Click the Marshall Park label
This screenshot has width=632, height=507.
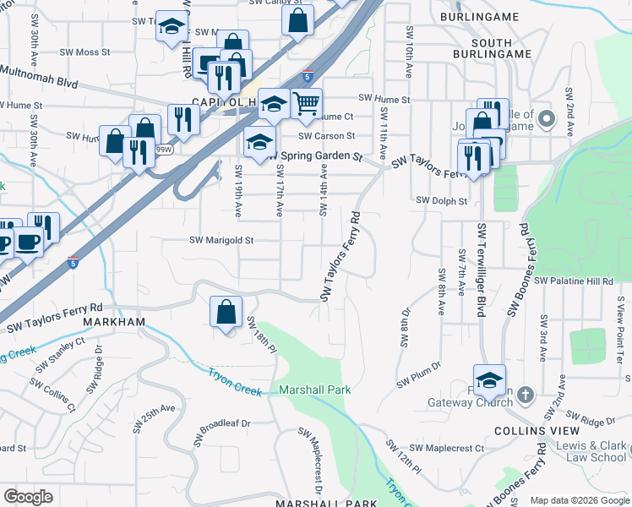315,390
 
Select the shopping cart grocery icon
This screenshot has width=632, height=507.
307,104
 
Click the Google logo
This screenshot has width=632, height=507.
28,497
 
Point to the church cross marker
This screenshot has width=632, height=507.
525,395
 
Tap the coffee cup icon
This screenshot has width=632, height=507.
27,242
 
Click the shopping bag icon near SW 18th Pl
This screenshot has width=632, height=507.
226,312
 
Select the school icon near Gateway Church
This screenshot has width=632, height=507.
489,380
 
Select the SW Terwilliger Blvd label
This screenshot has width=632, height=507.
482,270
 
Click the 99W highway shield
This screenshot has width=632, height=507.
164,150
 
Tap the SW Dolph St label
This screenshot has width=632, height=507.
442,201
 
